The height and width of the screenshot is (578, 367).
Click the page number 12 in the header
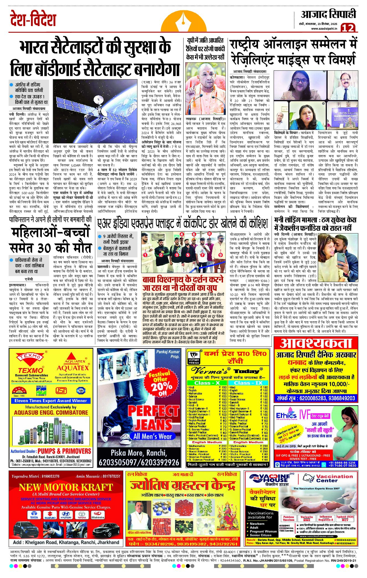(348, 28)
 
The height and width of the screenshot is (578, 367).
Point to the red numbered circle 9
(220, 255)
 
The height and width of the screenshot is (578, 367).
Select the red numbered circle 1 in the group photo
(145, 255)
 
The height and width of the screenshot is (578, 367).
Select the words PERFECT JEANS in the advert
(153, 418)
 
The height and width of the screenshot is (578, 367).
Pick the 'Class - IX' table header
(248, 383)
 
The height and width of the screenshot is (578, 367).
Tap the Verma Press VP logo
(194, 358)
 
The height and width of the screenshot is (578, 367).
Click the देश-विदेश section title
(33, 19)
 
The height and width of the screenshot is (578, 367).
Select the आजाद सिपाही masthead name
(328, 14)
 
